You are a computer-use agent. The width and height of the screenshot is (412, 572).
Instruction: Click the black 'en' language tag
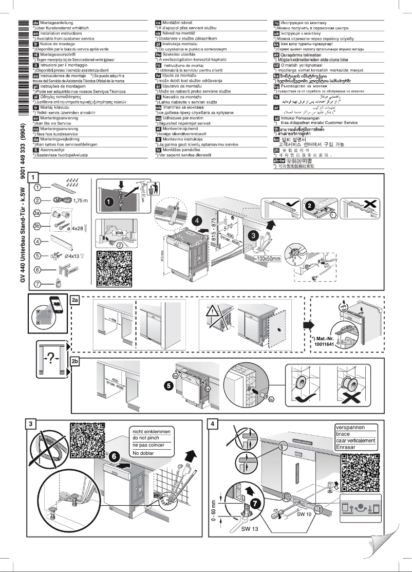(x=36, y=31)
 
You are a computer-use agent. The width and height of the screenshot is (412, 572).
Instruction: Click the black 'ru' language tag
(x=277, y=23)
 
